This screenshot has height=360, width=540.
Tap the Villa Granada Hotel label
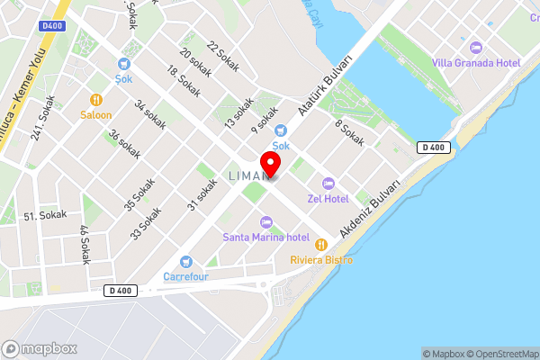tap(476, 61)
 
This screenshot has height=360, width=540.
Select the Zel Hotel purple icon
tap(328, 183)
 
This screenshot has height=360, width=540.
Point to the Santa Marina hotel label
tap(265, 237)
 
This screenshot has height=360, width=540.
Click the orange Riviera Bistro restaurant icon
tap(319, 244)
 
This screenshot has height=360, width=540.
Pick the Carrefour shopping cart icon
tap(185, 262)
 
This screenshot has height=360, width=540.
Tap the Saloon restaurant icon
tap(95, 100)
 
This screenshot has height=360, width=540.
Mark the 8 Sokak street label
tap(349, 133)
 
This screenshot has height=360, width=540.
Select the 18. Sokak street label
tap(184, 82)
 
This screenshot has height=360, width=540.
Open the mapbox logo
tap(39, 348)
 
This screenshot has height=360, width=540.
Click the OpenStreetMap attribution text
tap(499, 354)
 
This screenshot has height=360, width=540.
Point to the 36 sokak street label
tap(124, 145)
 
